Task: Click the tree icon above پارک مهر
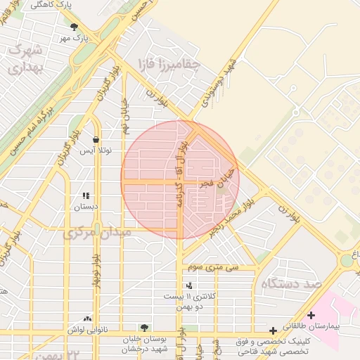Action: (75, 27)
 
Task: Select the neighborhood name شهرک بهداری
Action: (26, 59)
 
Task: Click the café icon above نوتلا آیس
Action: (96, 139)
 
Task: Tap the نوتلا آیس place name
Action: (96, 150)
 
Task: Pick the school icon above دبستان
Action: (86, 196)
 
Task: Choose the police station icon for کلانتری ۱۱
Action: (188, 285)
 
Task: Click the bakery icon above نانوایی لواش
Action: (87, 319)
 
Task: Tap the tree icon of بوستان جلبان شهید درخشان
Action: (144, 328)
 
